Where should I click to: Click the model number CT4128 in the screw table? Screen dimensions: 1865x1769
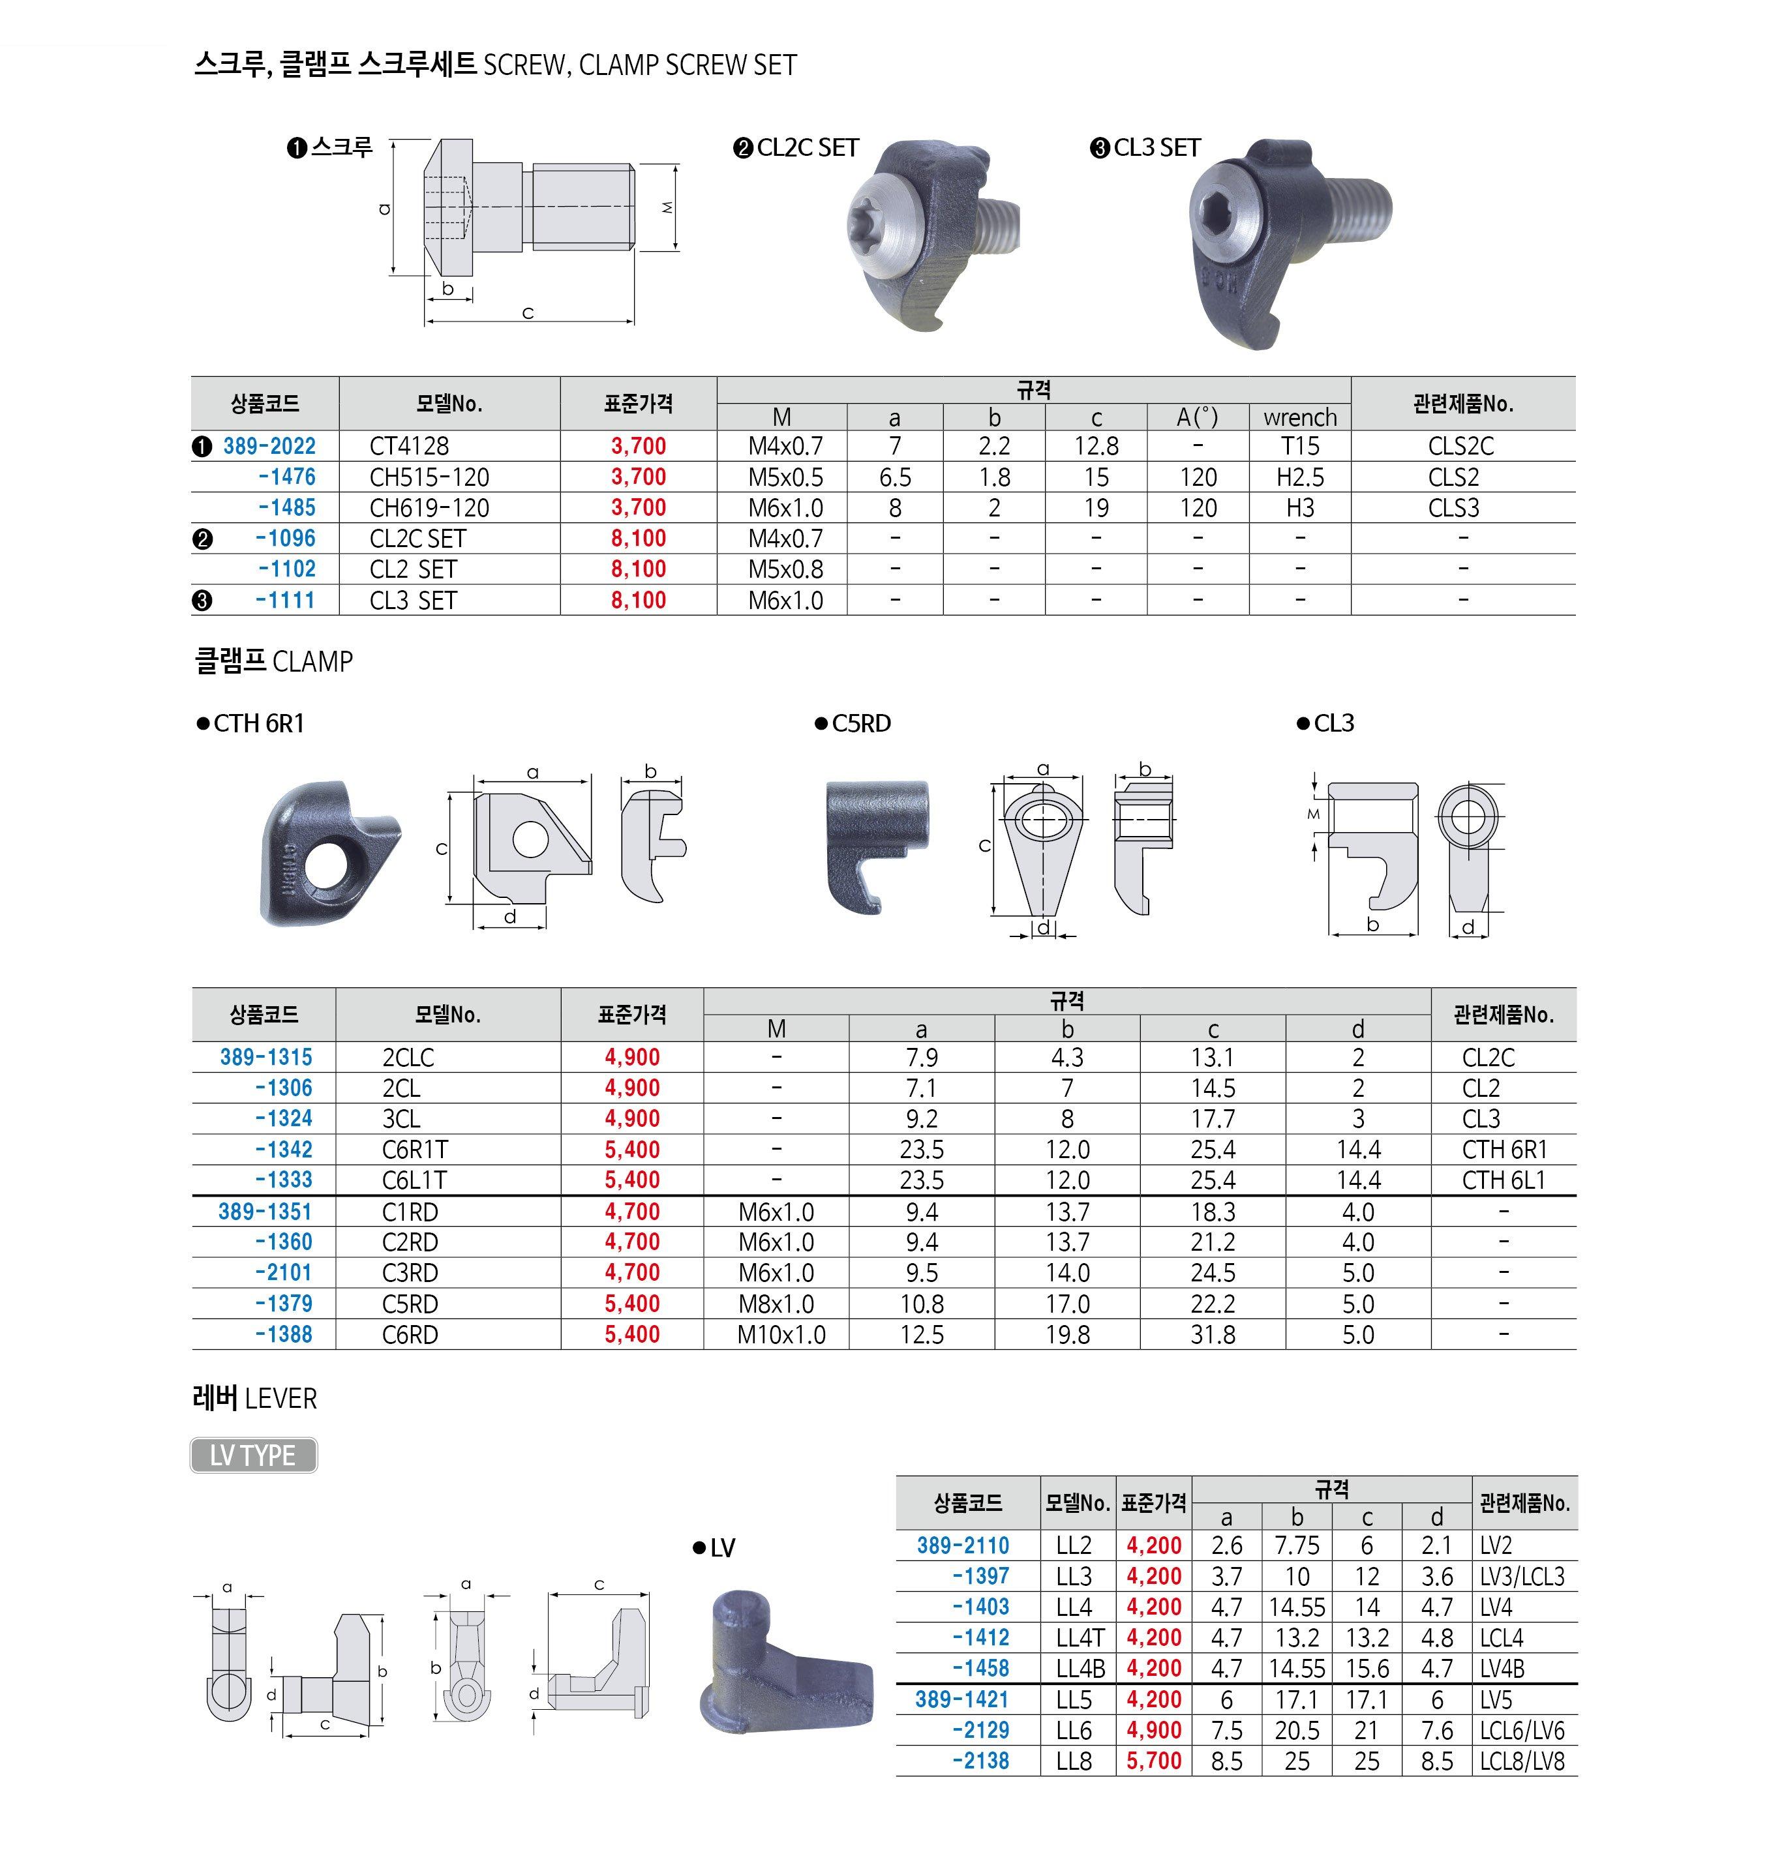(408, 446)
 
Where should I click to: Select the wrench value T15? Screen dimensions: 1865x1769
(1299, 446)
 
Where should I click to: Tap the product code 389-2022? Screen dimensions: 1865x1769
(269, 446)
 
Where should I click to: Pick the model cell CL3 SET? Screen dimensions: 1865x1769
(412, 601)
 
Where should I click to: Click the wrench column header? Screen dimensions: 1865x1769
(1299, 417)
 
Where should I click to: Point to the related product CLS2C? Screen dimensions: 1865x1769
(1460, 446)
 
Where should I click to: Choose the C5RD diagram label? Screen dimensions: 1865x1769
(860, 723)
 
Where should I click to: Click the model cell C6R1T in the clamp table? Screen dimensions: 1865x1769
(415, 1150)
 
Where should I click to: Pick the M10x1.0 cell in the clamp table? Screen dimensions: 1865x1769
(781, 1335)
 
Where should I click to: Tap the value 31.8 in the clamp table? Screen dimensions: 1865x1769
(1212, 1335)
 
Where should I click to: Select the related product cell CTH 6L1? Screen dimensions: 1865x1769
(1503, 1180)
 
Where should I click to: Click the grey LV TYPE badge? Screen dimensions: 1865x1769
(252, 1455)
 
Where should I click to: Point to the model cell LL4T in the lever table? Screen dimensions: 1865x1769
(1079, 1638)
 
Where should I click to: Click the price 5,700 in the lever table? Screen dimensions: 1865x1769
(1153, 1761)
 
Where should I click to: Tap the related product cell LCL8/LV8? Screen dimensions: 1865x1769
(1522, 1761)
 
